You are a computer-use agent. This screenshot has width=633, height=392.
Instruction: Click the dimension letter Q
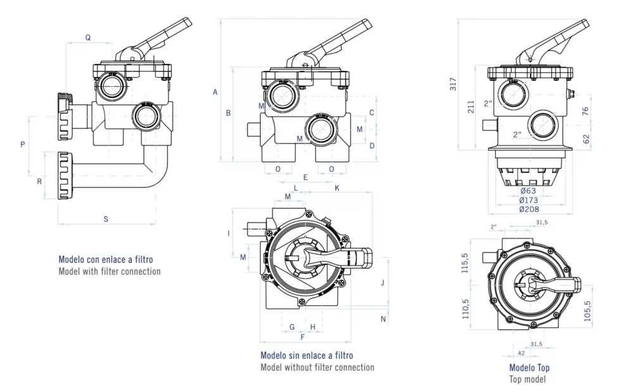click(88, 37)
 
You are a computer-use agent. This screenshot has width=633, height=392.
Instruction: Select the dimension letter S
click(106, 219)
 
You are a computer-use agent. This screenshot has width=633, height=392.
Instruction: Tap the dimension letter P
click(23, 144)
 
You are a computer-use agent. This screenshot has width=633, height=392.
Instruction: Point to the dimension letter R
click(39, 181)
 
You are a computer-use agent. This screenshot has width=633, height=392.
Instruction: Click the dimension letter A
click(215, 92)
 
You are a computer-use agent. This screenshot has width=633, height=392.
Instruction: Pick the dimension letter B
click(228, 113)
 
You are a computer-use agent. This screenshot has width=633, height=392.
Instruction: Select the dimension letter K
click(337, 188)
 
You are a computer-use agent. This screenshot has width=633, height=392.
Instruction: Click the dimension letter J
click(382, 283)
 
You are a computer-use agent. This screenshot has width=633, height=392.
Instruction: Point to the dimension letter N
click(383, 319)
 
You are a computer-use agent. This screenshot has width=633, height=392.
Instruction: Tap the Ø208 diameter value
click(529, 209)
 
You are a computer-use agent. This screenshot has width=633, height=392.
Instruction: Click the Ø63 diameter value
click(529, 191)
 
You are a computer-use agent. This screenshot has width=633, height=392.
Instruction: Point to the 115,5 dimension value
click(465, 262)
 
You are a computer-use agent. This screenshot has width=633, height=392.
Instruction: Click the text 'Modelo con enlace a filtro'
click(106, 259)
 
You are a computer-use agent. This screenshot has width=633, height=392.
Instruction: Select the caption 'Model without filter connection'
click(317, 367)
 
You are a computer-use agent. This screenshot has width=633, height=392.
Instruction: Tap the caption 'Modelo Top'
click(529, 368)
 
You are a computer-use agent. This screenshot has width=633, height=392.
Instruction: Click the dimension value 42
click(522, 353)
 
